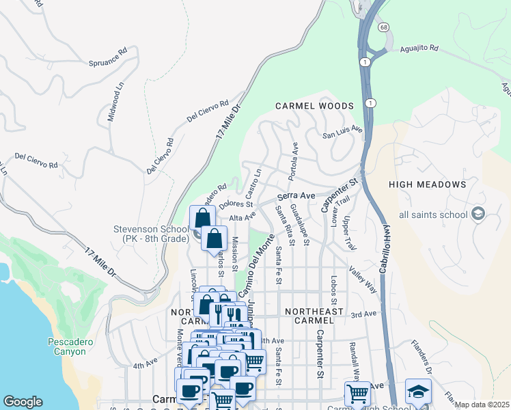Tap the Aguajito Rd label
tap(419, 50)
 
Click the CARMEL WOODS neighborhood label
tap(314, 106)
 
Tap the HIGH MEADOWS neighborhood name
tap(427, 184)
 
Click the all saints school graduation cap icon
tap(478, 215)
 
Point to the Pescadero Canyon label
tap(67, 346)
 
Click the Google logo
tap(23, 402)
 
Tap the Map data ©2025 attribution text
tap(482, 405)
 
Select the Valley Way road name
tap(363, 280)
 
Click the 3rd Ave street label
tap(364, 314)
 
